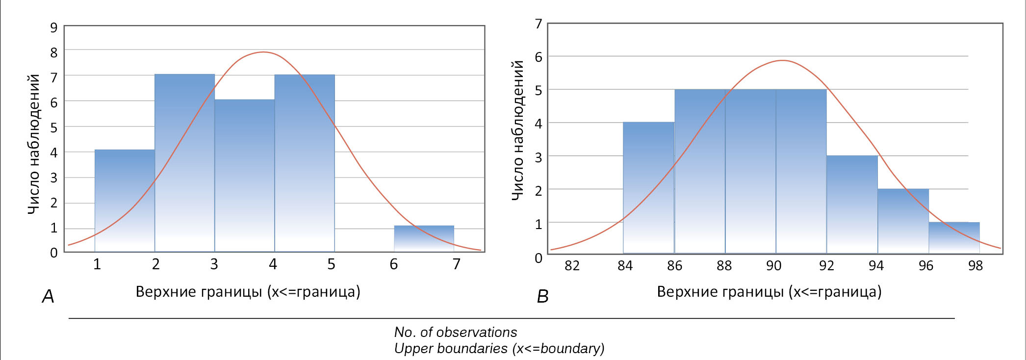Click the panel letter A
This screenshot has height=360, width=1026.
(x=48, y=296)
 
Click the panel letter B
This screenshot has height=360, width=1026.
(x=542, y=296)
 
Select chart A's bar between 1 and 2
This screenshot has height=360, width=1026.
(x=125, y=201)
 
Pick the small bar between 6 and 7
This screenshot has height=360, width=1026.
(x=424, y=239)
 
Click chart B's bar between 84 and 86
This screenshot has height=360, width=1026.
(x=648, y=188)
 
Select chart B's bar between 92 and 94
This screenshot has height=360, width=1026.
(x=852, y=205)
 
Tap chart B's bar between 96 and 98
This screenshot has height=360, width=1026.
(x=954, y=238)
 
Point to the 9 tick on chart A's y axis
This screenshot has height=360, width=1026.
(x=54, y=27)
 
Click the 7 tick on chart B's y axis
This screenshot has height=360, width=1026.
(x=539, y=24)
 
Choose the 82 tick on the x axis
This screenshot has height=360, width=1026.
(x=572, y=266)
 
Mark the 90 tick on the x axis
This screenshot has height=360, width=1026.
(x=773, y=266)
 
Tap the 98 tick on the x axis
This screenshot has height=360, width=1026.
(x=975, y=266)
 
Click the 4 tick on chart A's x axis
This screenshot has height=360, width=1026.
(x=273, y=264)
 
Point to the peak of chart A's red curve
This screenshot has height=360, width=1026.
(x=263, y=52)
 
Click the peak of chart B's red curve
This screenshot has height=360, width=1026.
(x=782, y=60)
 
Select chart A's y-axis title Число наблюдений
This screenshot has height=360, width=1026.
(x=33, y=144)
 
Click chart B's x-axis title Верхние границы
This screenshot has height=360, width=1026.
(x=769, y=292)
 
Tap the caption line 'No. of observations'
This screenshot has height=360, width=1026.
(x=455, y=332)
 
